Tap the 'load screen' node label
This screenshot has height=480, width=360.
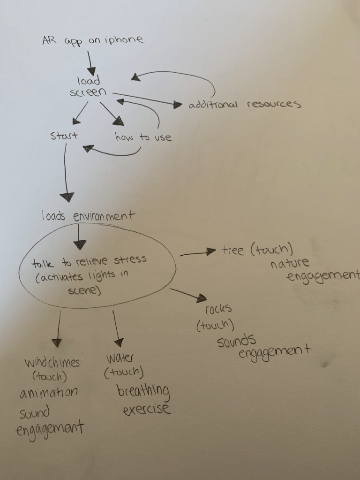(89, 87)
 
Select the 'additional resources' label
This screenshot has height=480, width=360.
(244, 105)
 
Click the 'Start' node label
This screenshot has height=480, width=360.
(64, 136)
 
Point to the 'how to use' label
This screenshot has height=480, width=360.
(143, 137)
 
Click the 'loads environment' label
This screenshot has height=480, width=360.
(88, 216)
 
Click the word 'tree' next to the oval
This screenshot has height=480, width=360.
(233, 251)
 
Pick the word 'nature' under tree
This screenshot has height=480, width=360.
(290, 263)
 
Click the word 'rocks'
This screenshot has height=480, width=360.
(218, 310)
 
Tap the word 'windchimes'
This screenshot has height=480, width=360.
(52, 363)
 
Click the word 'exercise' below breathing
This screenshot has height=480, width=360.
(147, 410)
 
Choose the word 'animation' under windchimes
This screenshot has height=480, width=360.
(48, 392)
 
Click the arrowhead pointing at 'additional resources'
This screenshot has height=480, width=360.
(178, 105)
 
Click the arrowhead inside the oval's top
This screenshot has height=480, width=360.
(80, 244)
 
